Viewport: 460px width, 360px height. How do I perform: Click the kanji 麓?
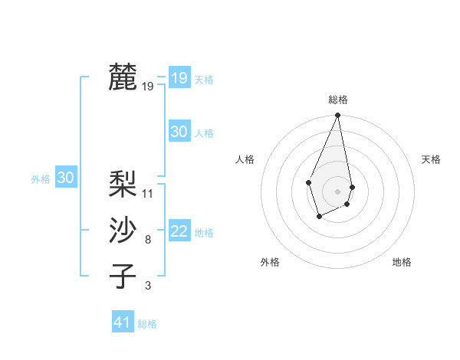point(123,77)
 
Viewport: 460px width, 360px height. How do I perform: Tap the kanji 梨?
point(123,185)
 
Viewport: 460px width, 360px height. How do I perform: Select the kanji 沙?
point(123,230)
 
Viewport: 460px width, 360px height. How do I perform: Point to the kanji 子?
point(123,276)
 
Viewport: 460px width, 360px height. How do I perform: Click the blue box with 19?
point(179,78)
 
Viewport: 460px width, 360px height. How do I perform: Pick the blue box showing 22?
point(179,231)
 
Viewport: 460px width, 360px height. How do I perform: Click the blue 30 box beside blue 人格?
point(179,132)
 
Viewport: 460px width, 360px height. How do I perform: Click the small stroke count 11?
point(148,194)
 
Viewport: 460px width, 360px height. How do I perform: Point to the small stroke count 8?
point(148,240)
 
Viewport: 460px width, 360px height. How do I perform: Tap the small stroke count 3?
point(148,286)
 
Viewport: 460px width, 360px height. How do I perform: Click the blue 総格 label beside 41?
point(147,324)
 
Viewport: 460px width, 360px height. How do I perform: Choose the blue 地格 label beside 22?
point(204,233)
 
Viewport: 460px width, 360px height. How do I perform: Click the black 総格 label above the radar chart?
point(338,100)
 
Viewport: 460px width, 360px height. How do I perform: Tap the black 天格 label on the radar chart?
point(432,159)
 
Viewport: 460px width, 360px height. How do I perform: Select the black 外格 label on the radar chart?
point(270,262)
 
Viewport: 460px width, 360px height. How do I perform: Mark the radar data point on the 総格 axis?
point(338,116)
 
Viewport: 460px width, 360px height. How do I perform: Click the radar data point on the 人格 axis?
point(308,182)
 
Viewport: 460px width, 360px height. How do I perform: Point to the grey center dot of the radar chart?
point(338,191)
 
